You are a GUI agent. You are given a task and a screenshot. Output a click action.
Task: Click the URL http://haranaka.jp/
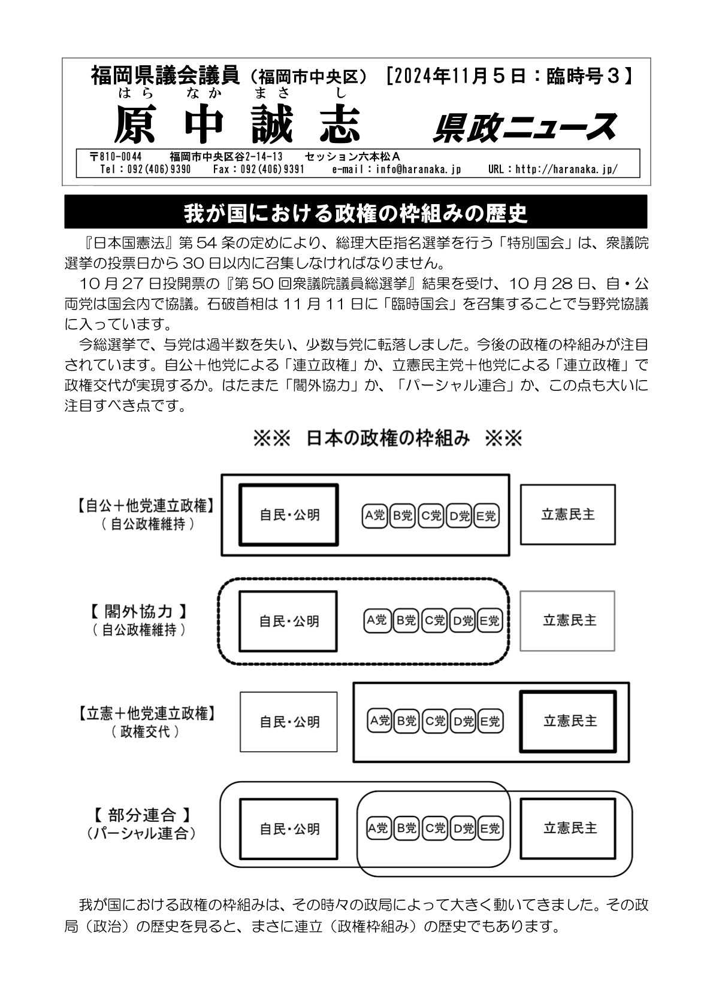click(x=552, y=169)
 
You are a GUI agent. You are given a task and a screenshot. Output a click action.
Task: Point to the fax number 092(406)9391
click(x=259, y=169)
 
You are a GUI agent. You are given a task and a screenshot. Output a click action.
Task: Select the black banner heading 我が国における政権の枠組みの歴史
click(x=355, y=212)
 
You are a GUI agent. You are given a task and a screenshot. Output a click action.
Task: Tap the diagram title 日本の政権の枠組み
click(x=387, y=439)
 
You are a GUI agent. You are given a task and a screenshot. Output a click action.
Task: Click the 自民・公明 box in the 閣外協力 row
click(x=288, y=621)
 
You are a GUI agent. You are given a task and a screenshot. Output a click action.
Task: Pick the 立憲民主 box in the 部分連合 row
click(x=570, y=828)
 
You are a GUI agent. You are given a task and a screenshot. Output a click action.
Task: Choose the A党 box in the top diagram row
click(x=375, y=515)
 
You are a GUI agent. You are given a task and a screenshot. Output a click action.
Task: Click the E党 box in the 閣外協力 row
click(x=489, y=621)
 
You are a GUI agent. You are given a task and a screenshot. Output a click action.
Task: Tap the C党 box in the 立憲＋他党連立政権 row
click(x=434, y=721)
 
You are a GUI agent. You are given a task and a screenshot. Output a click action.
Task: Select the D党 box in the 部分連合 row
click(x=462, y=828)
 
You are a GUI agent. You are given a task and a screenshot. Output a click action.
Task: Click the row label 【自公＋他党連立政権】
click(x=146, y=506)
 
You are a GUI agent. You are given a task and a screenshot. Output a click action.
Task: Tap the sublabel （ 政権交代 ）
click(x=146, y=731)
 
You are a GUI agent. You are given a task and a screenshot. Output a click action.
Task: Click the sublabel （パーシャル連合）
click(x=141, y=833)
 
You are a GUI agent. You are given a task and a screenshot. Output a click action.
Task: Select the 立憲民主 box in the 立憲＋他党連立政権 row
click(x=569, y=721)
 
